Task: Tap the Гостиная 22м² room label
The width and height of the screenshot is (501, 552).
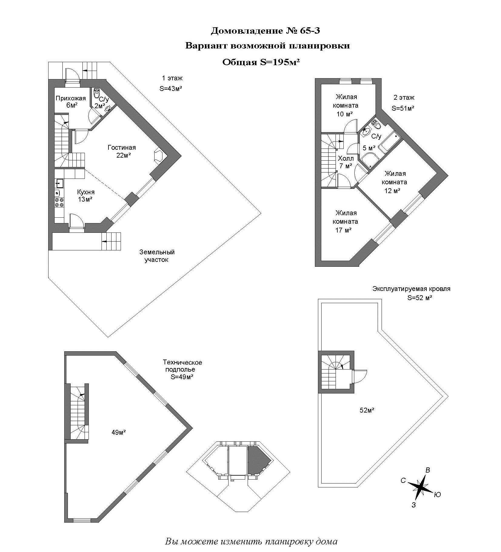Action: coord(122,151)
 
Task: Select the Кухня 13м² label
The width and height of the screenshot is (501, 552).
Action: coord(85,196)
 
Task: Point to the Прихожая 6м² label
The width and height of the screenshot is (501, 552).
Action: coord(71,102)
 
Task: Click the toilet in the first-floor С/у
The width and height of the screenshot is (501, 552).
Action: coord(97,92)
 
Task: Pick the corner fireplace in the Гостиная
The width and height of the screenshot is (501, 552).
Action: coord(159,156)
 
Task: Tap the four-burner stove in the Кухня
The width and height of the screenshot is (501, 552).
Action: coord(59,202)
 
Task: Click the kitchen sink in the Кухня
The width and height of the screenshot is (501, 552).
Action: coord(59,183)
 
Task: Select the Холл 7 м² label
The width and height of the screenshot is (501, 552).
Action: coord(346,162)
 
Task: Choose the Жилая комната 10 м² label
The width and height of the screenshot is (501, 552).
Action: coord(346,105)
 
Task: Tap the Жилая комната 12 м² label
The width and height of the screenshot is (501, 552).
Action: coord(394,182)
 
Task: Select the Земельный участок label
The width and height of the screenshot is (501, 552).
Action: coord(157,256)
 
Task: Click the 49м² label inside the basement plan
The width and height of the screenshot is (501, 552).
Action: coord(119,433)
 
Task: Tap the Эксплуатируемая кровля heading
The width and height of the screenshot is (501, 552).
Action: coord(411,289)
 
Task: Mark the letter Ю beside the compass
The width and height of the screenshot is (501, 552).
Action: coord(437,495)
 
